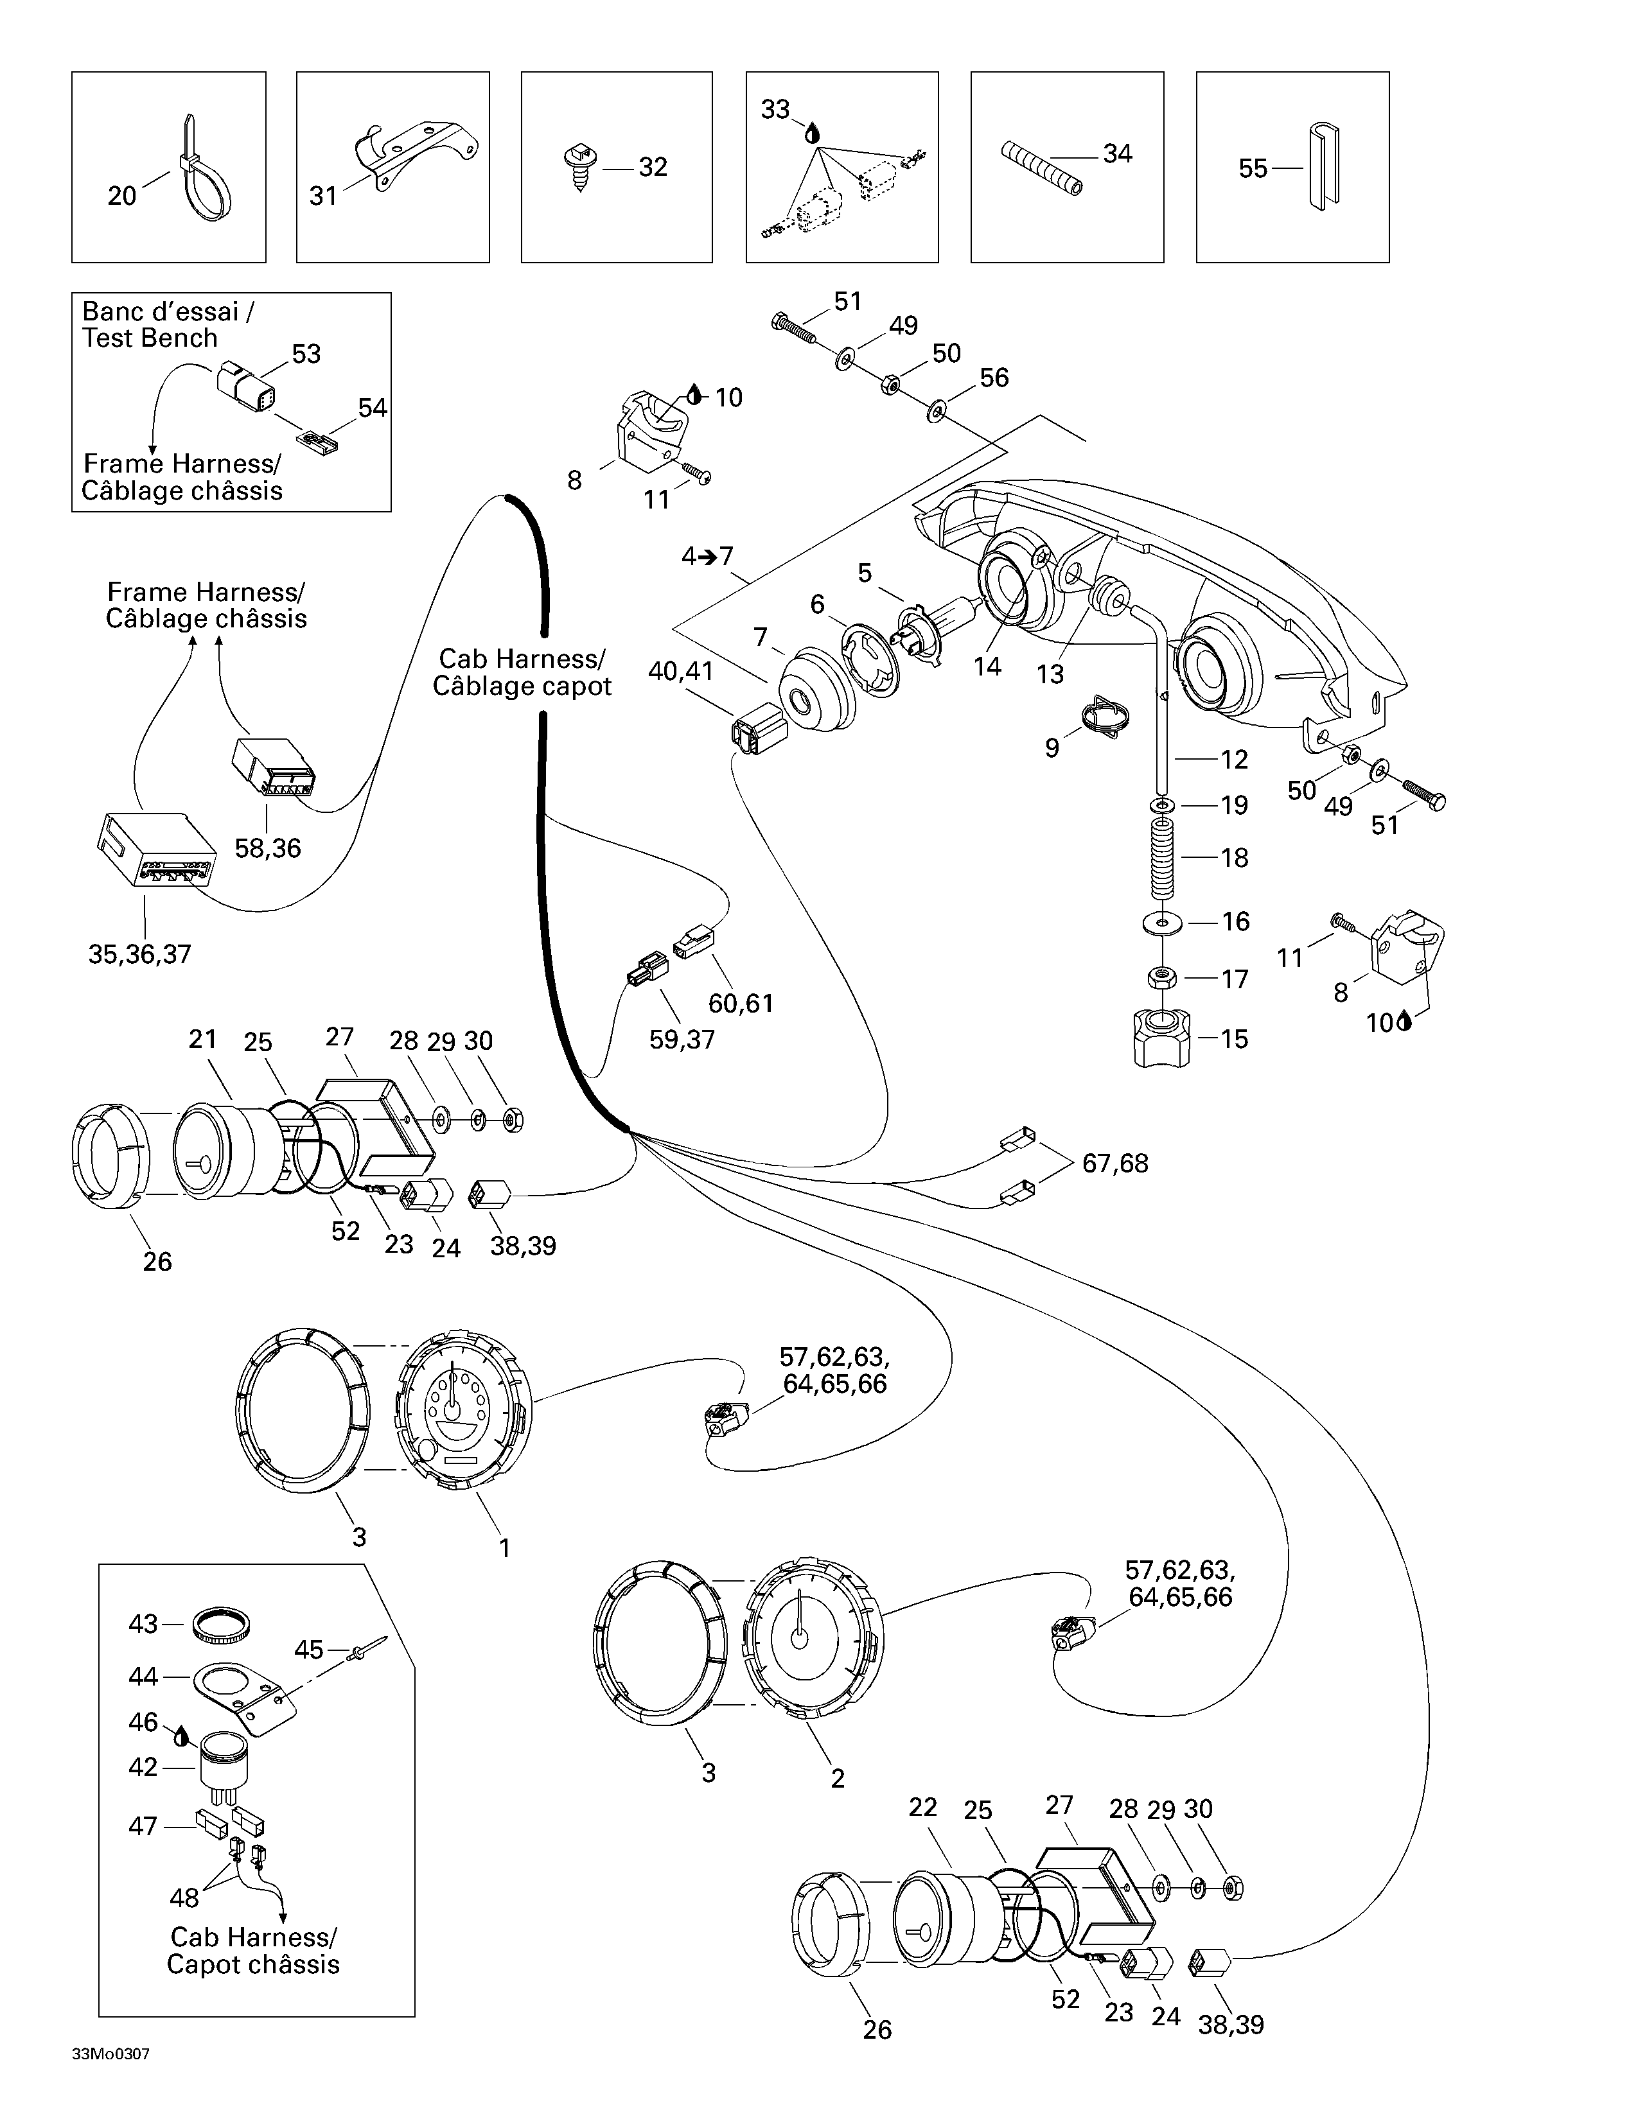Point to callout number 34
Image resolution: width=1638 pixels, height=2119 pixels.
(x=1117, y=153)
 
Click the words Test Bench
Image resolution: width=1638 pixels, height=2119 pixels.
(x=150, y=338)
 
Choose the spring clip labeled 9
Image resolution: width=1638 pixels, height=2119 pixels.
(x=1106, y=723)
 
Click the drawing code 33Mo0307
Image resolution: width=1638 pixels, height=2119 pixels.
(x=110, y=2054)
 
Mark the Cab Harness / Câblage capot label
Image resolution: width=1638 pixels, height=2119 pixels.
(x=522, y=672)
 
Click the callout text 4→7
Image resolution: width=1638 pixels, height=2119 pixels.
(x=707, y=557)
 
